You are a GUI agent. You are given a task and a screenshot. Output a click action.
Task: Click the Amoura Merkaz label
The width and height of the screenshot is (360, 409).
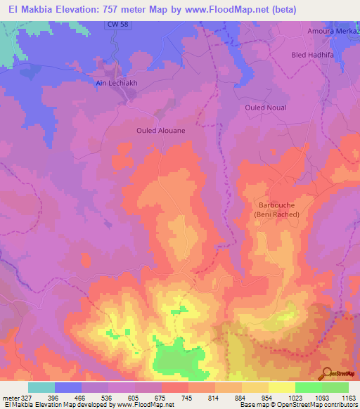(x=333, y=32)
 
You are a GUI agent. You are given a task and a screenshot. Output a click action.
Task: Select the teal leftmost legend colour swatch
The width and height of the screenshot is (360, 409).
(x=41, y=387)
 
